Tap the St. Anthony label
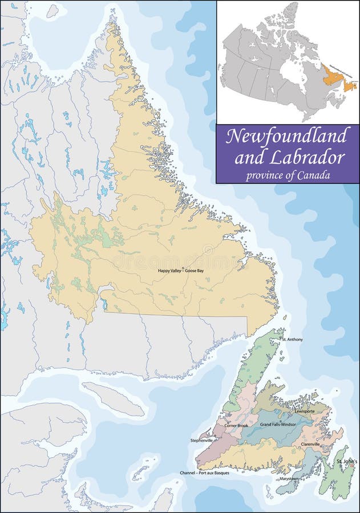292,339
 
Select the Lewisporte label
305,411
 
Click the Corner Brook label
236,425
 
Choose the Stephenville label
202,440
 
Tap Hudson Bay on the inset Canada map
290,71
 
